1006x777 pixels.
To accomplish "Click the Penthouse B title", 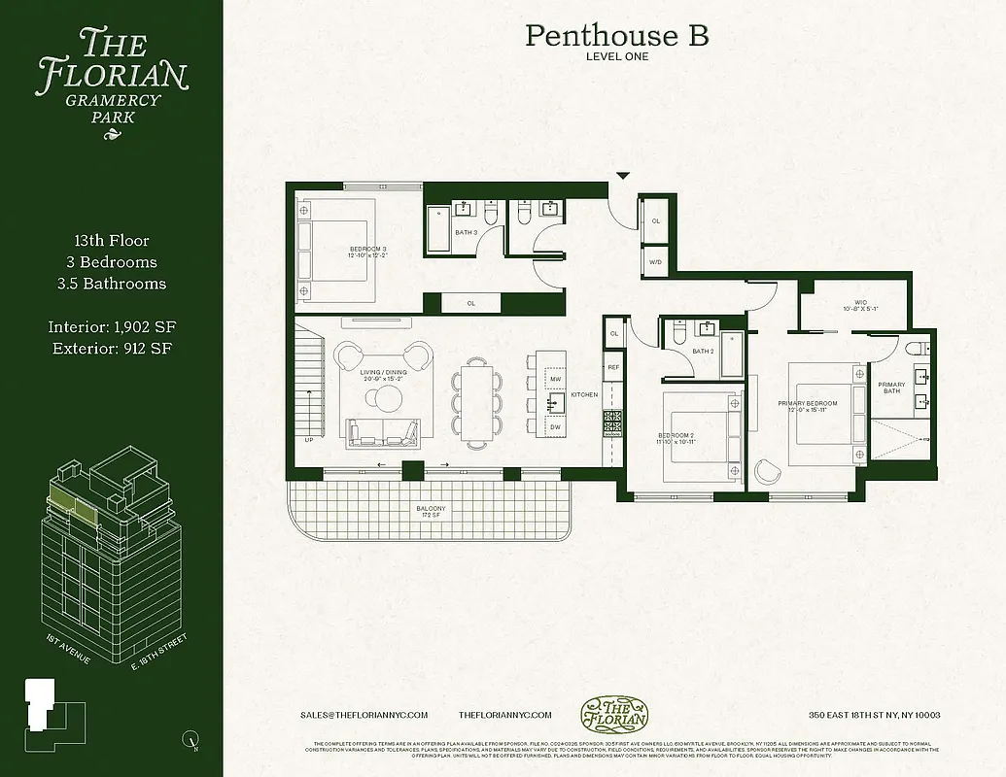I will pyautogui.click(x=617, y=36).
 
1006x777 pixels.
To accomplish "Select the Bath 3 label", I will pyautogui.click(x=467, y=233).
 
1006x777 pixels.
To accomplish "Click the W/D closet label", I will pyautogui.click(x=655, y=261).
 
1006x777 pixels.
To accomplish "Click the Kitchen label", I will pyautogui.click(x=584, y=394).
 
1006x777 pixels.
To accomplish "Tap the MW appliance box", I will pyautogui.click(x=555, y=380).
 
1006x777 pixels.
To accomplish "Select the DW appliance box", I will pyautogui.click(x=555, y=426).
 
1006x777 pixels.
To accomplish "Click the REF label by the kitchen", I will pyautogui.click(x=613, y=368).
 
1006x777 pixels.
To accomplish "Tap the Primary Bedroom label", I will pyautogui.click(x=807, y=406).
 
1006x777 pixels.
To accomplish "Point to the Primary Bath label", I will pyautogui.click(x=891, y=388).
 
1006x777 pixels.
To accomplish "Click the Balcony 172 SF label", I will pyautogui.click(x=432, y=512).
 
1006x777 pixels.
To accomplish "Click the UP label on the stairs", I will pyautogui.click(x=309, y=440).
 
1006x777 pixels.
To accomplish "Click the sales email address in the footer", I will pyautogui.click(x=364, y=715).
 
